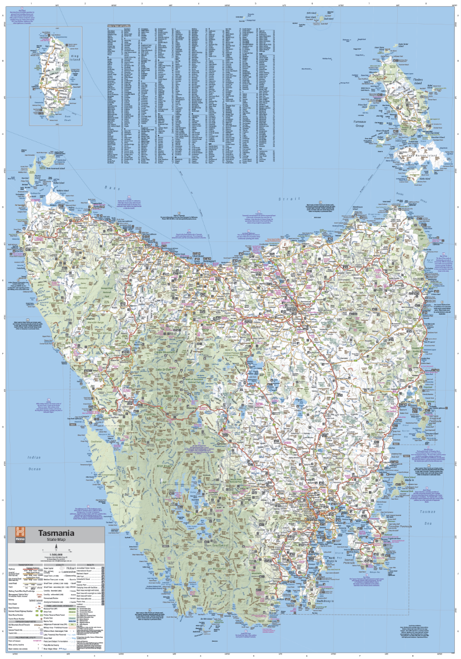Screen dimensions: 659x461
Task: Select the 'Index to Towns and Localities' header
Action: pos(118,25)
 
